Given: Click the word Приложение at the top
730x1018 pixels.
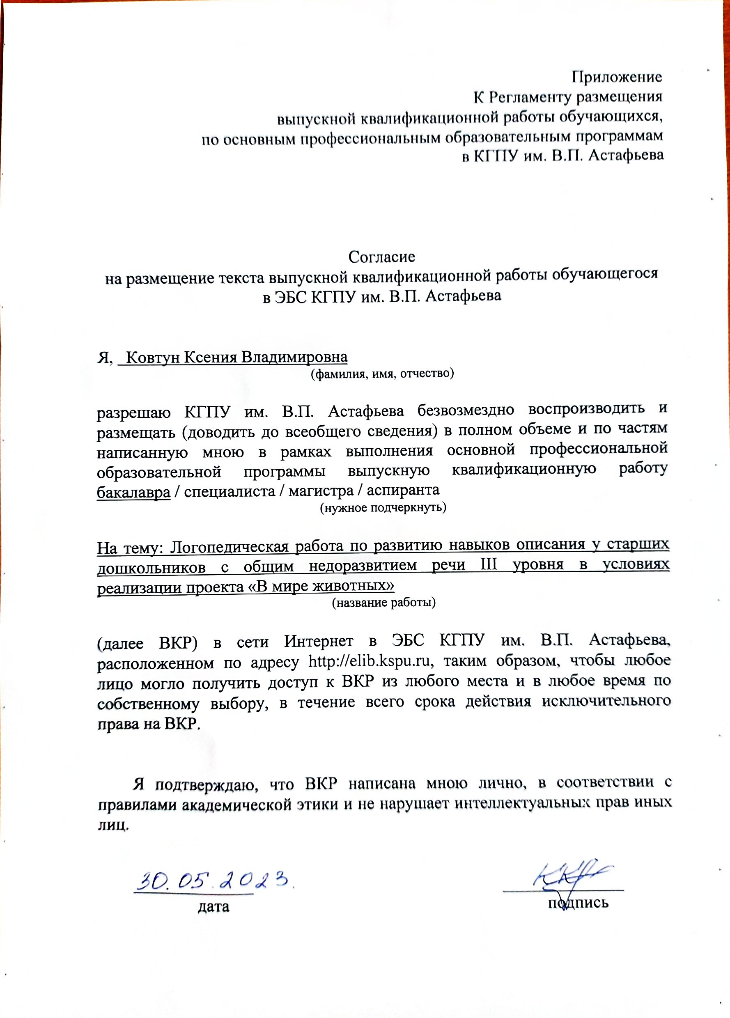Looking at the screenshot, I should (x=616, y=77).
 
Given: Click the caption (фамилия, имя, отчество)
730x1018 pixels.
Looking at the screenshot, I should (x=383, y=374).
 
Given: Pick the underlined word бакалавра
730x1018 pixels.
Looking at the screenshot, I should (x=134, y=493).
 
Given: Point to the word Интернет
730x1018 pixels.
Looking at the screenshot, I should (x=318, y=641).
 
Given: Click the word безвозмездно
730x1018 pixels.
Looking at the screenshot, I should (x=466, y=410).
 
